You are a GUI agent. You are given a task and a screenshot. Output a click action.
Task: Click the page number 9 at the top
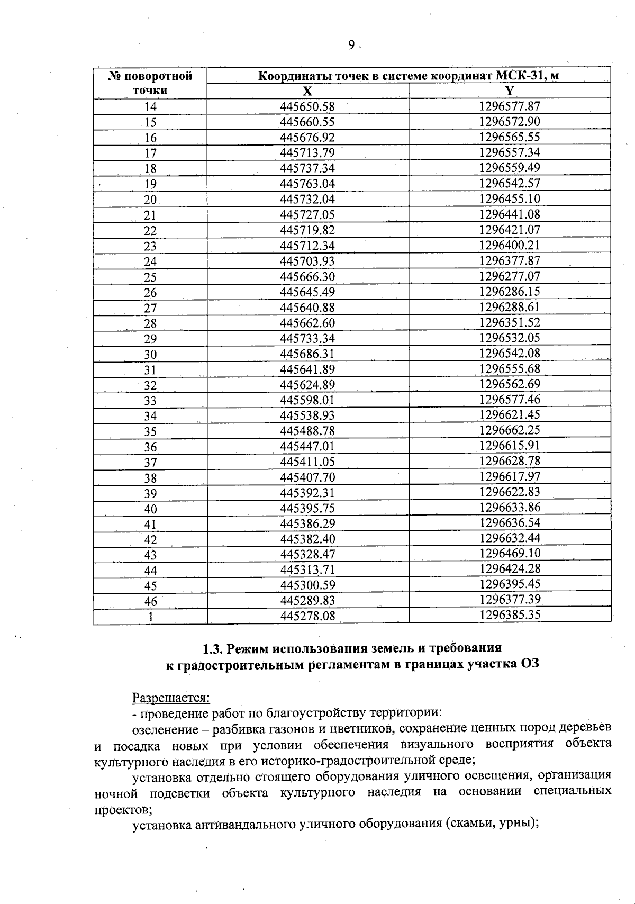click(x=351, y=46)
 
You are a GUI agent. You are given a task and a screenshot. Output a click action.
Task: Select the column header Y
click(x=510, y=91)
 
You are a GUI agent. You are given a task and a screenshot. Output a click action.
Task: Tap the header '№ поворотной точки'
click(x=150, y=83)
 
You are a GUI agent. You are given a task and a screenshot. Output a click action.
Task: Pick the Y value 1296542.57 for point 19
click(x=510, y=184)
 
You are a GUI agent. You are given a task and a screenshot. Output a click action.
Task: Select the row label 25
click(x=150, y=277)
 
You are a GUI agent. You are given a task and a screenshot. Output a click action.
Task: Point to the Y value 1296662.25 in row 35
click(x=510, y=430)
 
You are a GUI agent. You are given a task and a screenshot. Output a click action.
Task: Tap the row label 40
click(x=150, y=509)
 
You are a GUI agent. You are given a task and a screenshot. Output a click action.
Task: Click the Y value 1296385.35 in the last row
click(x=510, y=615)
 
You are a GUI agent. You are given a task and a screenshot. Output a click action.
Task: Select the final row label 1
click(x=151, y=617)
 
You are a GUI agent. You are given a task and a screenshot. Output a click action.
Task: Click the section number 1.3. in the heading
click(x=215, y=648)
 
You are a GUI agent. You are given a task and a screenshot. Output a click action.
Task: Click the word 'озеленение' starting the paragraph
click(x=162, y=729)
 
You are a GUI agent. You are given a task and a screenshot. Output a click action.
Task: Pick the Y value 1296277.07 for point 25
click(x=510, y=276)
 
